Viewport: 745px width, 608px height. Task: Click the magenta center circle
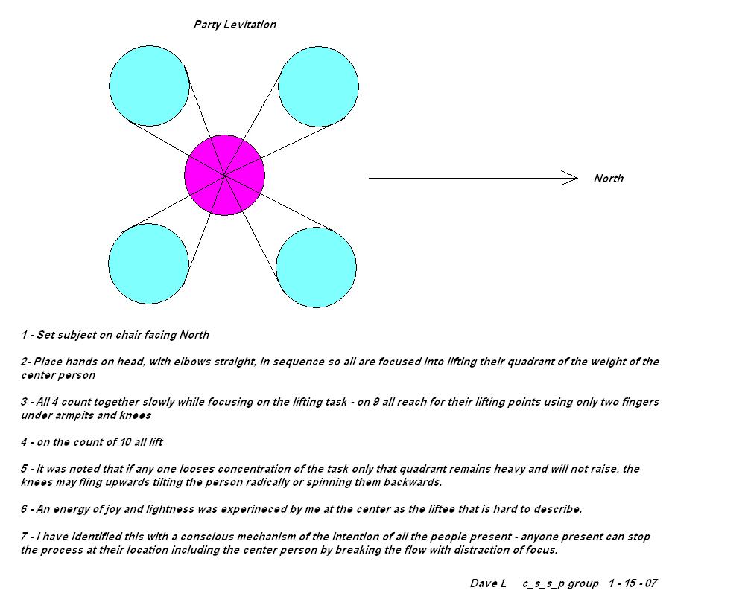224,175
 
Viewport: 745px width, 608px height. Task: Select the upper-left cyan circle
149,86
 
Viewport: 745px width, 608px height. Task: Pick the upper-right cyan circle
318,86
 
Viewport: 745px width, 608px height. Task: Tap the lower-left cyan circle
148,263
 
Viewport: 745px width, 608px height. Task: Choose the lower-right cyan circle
316,267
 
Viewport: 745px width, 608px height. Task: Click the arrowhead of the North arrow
571,178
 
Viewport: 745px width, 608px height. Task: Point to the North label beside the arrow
609,179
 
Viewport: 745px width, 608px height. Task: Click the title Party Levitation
235,25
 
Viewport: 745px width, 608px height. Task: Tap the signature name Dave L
488,583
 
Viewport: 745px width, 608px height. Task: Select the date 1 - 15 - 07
633,583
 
